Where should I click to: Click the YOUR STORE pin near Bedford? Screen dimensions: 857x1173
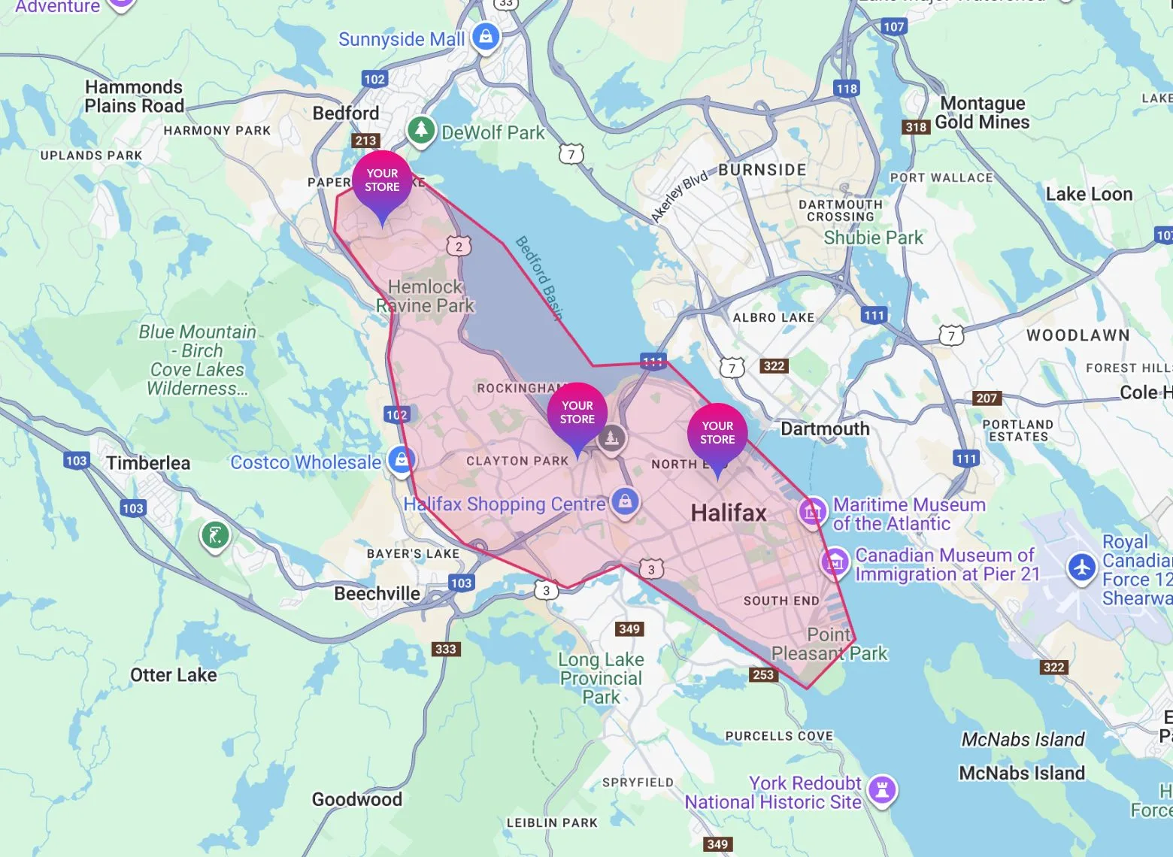click(382, 182)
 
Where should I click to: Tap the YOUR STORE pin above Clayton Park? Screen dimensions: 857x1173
click(577, 413)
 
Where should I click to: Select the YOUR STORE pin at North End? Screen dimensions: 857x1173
click(717, 434)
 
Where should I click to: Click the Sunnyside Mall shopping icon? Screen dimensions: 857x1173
click(486, 36)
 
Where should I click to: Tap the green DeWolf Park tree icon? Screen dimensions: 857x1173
click(421, 129)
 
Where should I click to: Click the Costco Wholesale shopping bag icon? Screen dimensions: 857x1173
click(402, 459)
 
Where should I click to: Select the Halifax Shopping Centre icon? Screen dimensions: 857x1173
click(625, 501)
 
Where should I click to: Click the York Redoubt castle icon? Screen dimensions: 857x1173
click(882, 790)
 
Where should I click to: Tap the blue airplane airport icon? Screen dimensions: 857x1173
click(1082, 567)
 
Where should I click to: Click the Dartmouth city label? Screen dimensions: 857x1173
click(825, 429)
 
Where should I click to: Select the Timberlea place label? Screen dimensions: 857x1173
click(148, 463)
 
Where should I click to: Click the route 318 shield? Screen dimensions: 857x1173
click(916, 127)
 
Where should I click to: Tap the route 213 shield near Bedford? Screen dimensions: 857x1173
click(365, 141)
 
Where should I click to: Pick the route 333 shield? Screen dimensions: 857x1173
click(445, 649)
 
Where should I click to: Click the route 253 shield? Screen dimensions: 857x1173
click(762, 674)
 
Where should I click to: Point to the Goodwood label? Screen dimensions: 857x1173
click(357, 799)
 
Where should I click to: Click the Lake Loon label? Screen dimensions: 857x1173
click(1089, 195)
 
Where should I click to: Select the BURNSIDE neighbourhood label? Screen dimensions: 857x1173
click(762, 170)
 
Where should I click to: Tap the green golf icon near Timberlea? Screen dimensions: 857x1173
click(215, 536)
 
